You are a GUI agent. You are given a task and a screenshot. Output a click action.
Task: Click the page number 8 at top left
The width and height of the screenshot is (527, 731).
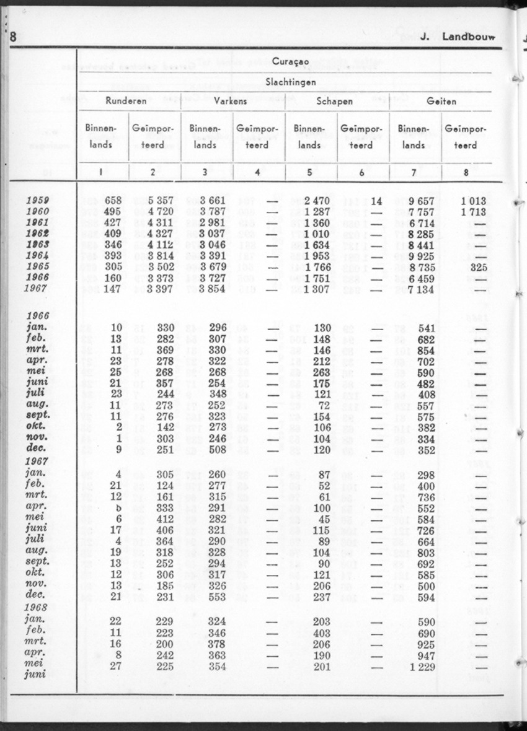(x=13, y=36)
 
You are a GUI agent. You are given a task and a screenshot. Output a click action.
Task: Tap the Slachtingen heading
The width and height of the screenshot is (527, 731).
(x=291, y=81)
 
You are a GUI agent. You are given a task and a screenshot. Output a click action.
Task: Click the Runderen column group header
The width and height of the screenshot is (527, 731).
(x=126, y=101)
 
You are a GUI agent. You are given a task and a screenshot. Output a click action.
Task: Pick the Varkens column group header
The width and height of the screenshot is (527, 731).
(x=230, y=101)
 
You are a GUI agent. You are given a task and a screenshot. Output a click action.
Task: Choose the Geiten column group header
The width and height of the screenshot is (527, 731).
(x=441, y=101)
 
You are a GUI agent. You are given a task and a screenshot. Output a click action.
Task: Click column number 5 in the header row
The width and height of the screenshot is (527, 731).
(x=309, y=173)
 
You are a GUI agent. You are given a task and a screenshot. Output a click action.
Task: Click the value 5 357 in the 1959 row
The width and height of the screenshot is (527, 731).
(x=152, y=201)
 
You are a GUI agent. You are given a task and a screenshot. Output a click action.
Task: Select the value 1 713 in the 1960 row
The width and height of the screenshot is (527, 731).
(x=474, y=212)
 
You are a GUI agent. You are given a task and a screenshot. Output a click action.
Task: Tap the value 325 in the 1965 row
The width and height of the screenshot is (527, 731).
(x=478, y=267)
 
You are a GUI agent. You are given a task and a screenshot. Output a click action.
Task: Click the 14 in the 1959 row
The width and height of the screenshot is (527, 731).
(x=376, y=201)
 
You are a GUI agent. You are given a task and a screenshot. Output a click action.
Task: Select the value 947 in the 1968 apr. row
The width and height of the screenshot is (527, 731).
(x=425, y=655)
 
